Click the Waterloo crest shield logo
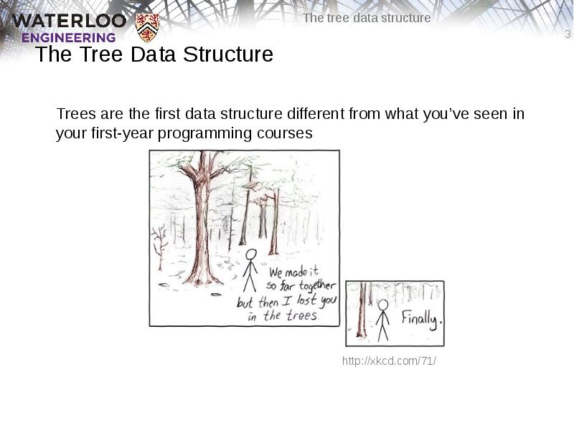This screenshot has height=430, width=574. [x=147, y=27]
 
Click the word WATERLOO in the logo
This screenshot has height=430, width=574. [x=69, y=20]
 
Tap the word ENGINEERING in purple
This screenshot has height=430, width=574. [x=68, y=37]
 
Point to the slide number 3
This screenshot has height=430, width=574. [x=568, y=35]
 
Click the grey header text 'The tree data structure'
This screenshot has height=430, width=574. [x=367, y=18]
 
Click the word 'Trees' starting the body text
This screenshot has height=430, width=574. [x=73, y=114]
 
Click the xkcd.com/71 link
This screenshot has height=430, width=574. [x=389, y=360]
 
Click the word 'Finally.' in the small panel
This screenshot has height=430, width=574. [x=421, y=318]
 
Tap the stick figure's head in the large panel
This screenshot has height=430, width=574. [x=250, y=254]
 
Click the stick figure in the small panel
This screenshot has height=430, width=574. [x=383, y=318]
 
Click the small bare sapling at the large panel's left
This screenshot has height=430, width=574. [x=159, y=244]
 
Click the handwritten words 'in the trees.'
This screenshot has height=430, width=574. [x=283, y=315]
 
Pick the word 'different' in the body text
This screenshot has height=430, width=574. [x=316, y=114]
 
